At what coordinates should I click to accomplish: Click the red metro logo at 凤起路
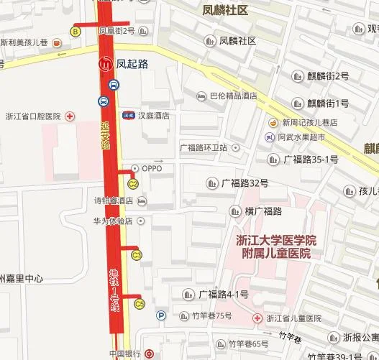(106, 64)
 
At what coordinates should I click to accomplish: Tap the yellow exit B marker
(75, 31)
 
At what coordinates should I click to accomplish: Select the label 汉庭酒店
(154, 115)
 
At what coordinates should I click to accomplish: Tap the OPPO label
(152, 168)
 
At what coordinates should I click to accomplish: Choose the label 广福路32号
(245, 182)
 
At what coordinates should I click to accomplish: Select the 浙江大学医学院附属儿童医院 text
(276, 246)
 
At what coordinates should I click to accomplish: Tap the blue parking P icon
(161, 314)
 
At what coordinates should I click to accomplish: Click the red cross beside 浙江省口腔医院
(70, 116)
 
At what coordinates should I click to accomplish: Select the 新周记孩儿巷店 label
(309, 122)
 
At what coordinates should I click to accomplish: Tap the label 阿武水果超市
(301, 137)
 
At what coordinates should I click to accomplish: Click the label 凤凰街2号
(117, 31)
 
